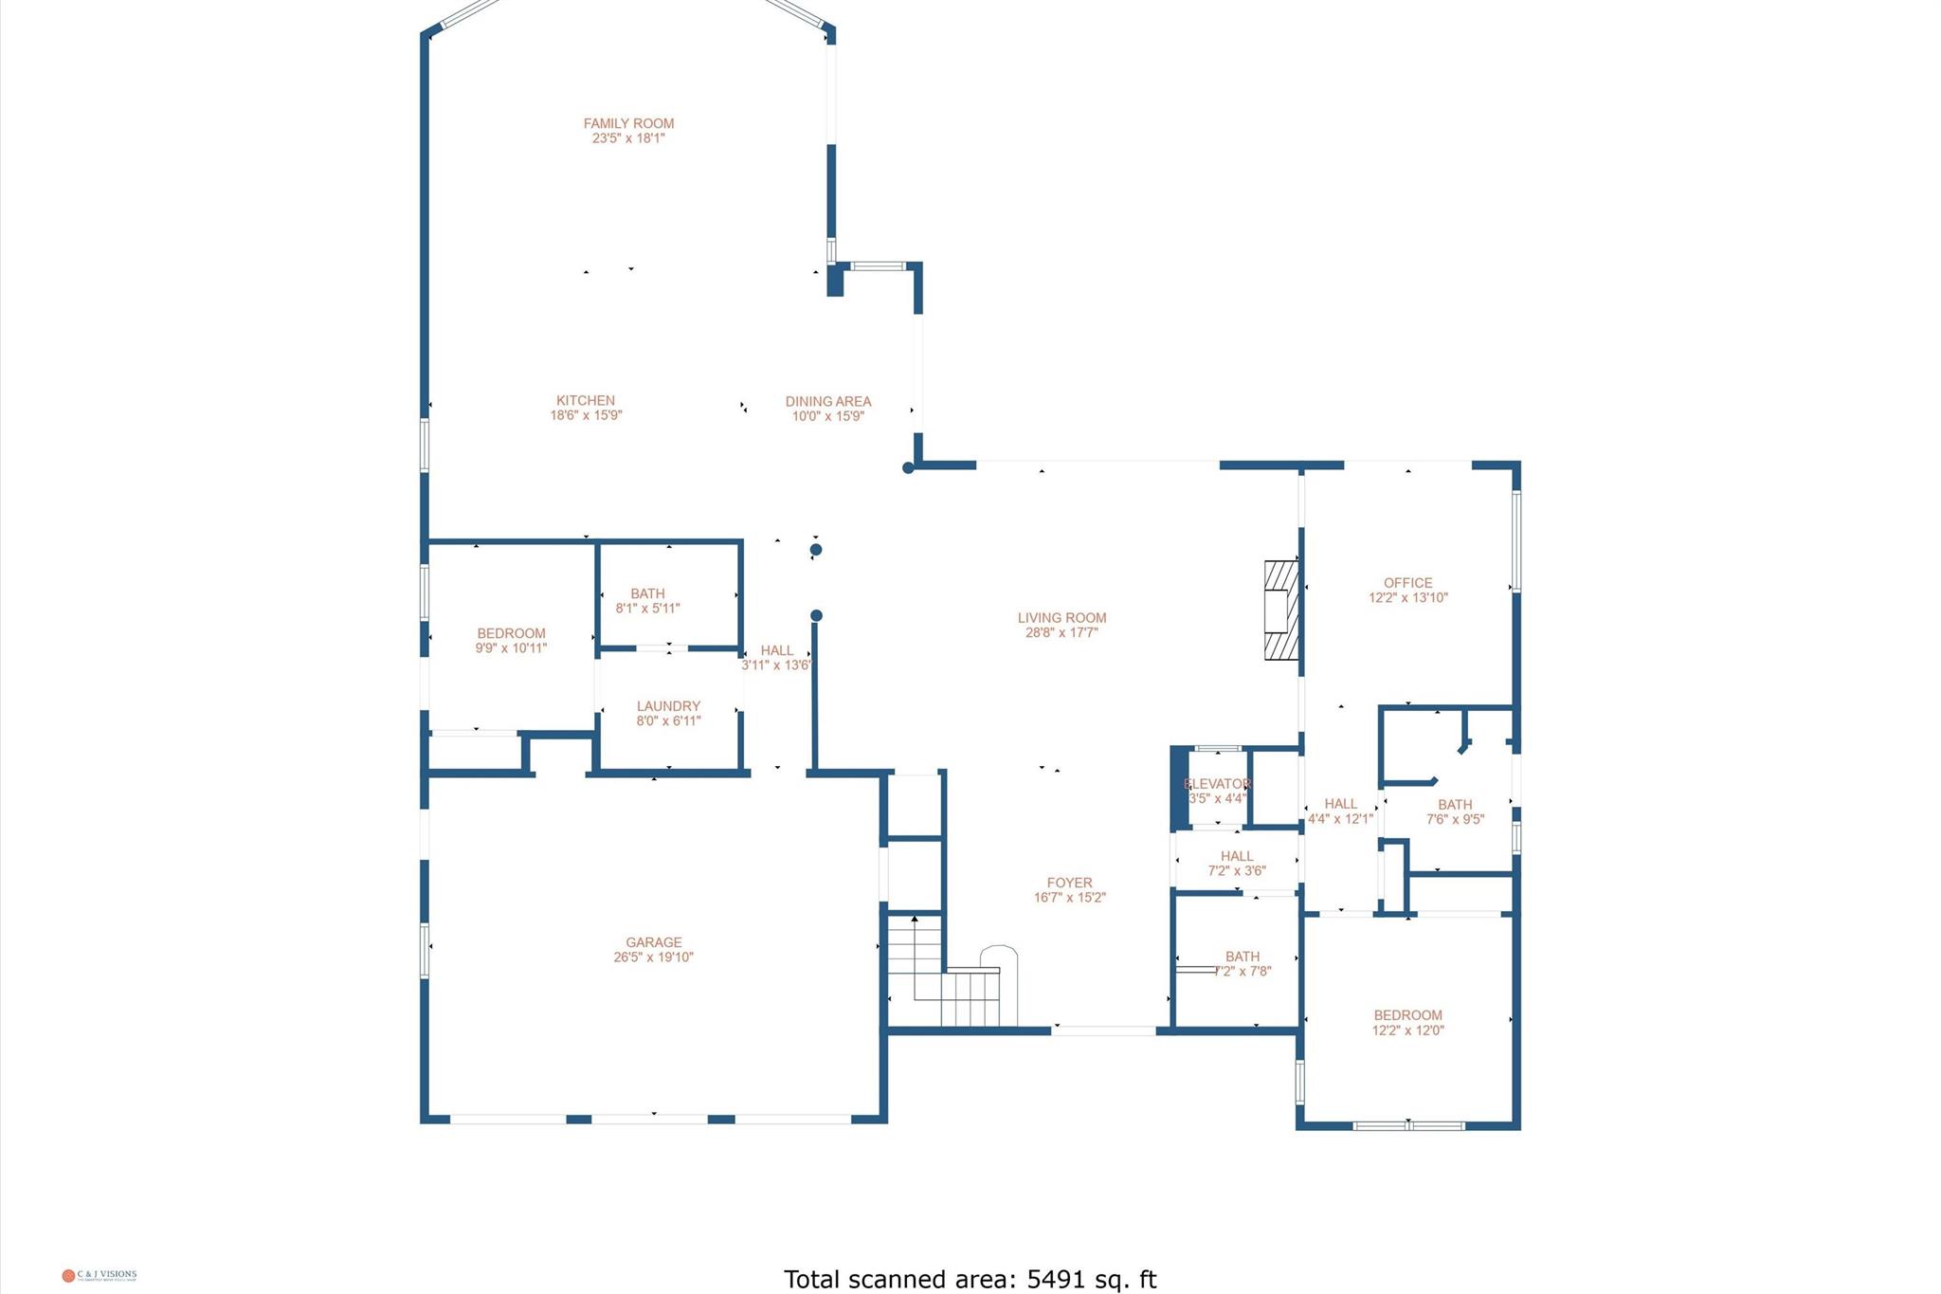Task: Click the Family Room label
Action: (x=628, y=123)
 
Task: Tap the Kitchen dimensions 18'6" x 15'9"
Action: (x=586, y=415)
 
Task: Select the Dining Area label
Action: (x=827, y=402)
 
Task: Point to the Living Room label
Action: (x=1061, y=618)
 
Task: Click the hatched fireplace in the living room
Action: (x=1280, y=610)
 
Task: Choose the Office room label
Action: (x=1407, y=583)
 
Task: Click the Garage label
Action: (x=653, y=942)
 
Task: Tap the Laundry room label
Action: (x=668, y=706)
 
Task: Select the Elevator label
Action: (x=1217, y=784)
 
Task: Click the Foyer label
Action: (x=1069, y=883)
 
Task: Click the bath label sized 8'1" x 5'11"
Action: (x=647, y=594)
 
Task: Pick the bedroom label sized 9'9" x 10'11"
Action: (x=511, y=633)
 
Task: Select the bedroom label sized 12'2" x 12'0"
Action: (x=1407, y=1015)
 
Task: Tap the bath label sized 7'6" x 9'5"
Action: (x=1455, y=805)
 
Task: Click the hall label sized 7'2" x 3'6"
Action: (x=1237, y=856)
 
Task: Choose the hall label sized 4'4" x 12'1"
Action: (x=1340, y=804)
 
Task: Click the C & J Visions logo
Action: (x=100, y=1275)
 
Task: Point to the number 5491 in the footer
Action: (x=1055, y=1279)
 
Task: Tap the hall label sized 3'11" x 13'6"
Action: (x=776, y=650)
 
